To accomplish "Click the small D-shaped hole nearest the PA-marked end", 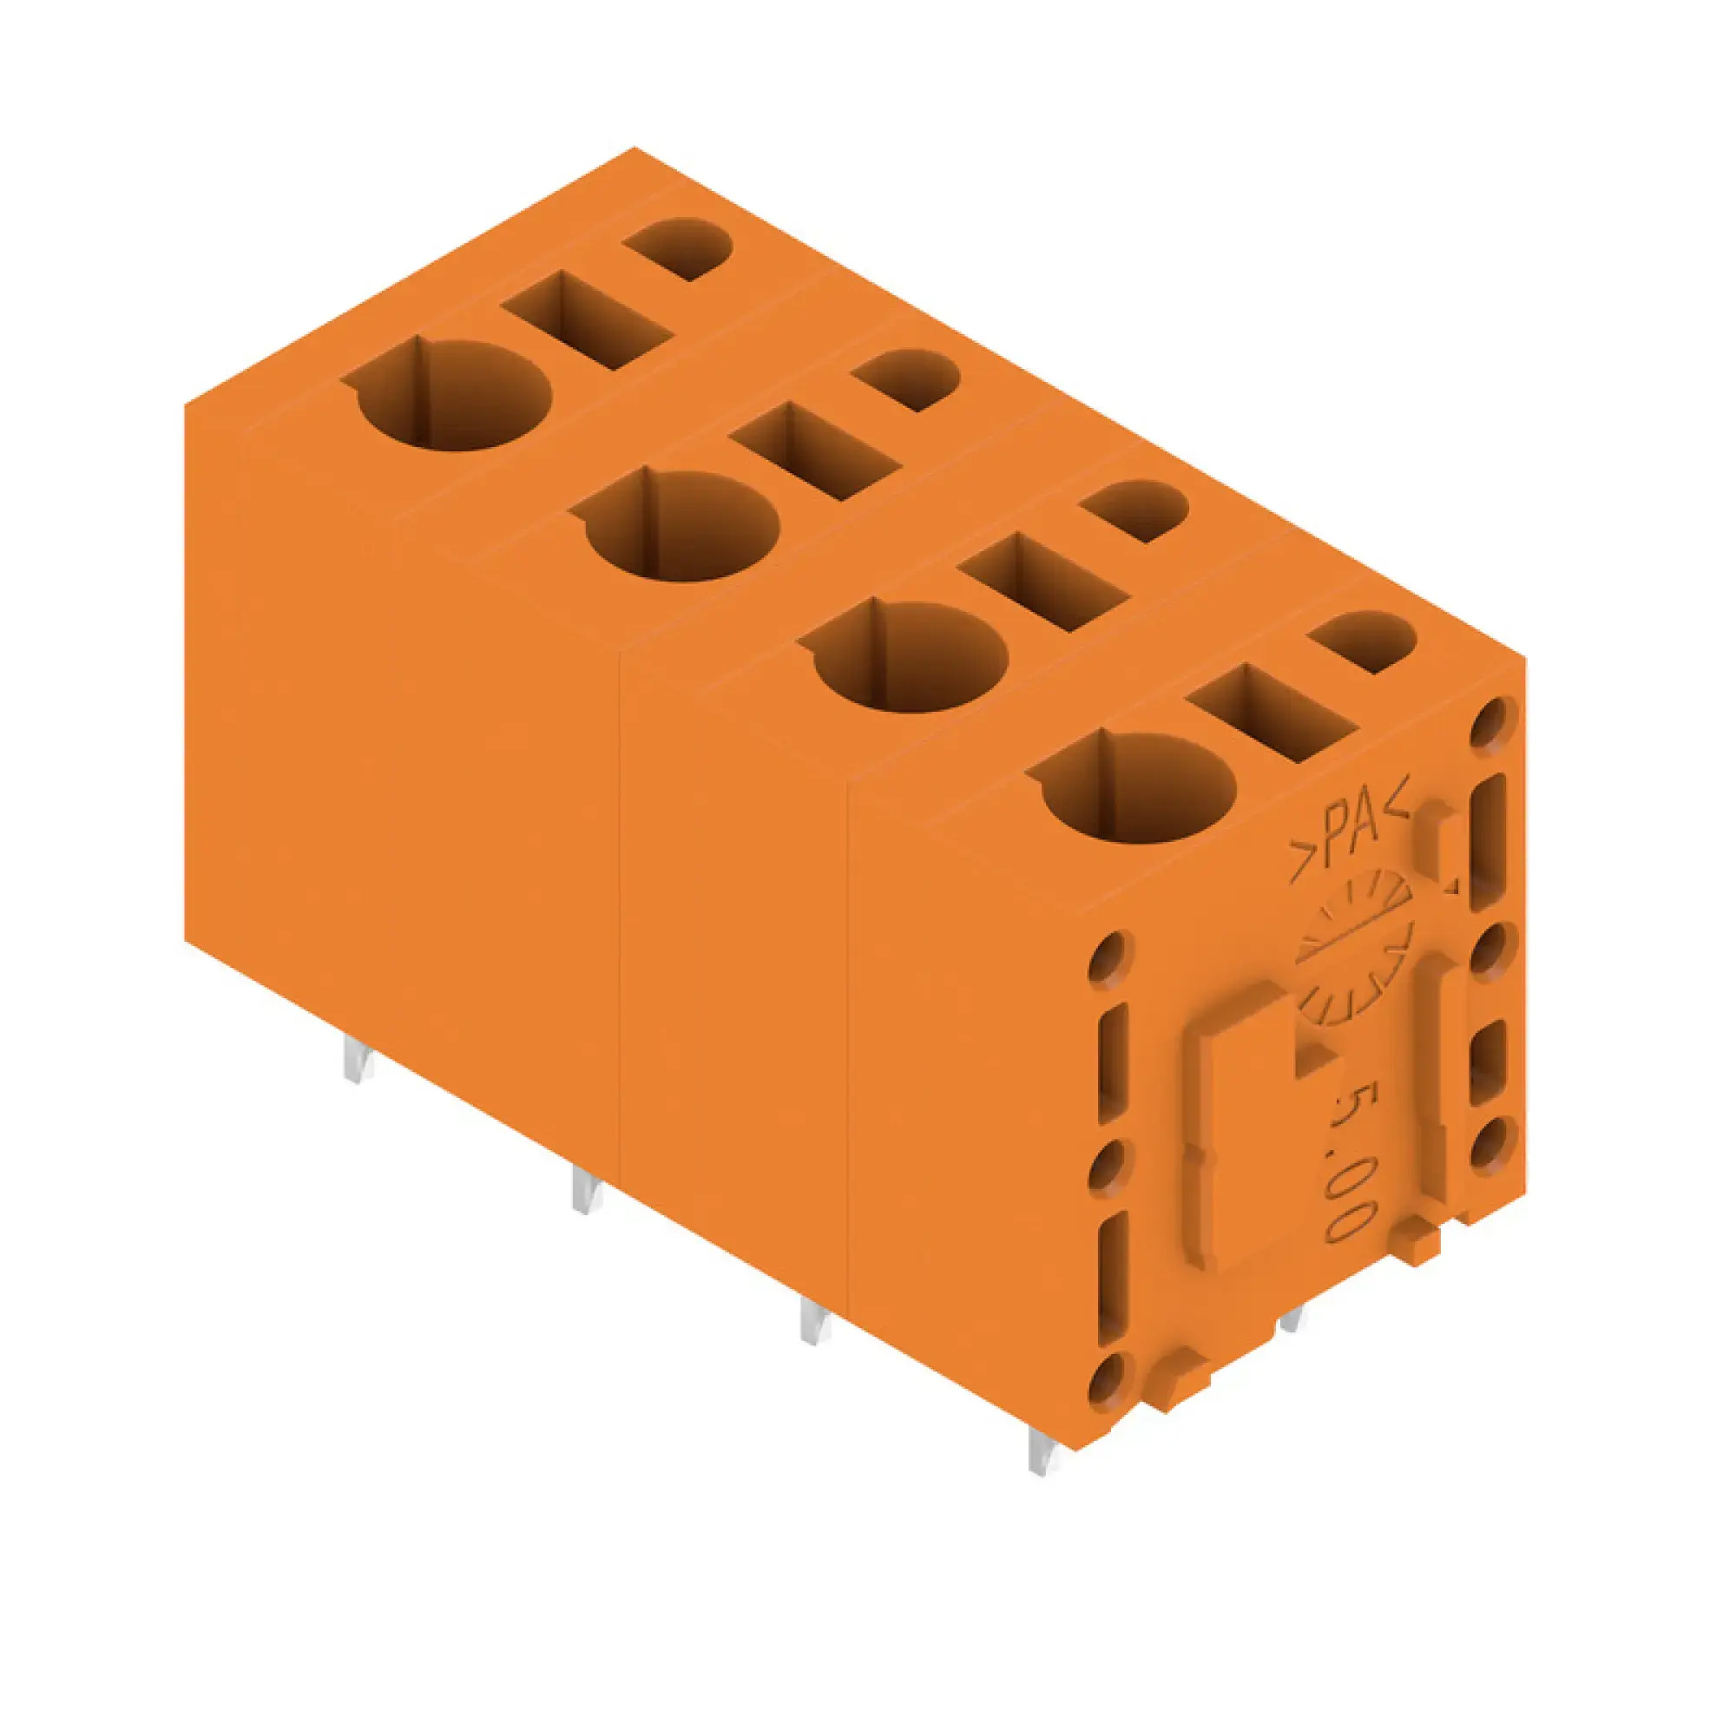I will pos(1363,641).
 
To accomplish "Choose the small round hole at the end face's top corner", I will pos(1490,719).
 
